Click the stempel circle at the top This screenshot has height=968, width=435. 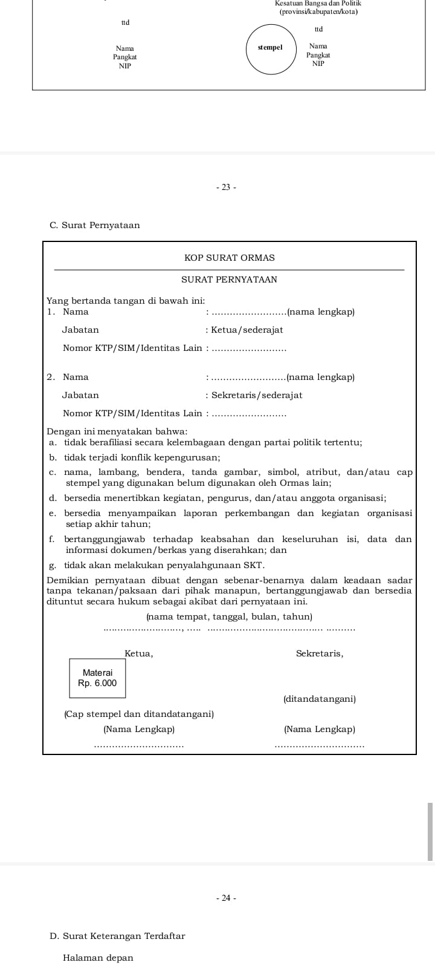point(270,48)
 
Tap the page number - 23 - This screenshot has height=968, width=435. point(225,187)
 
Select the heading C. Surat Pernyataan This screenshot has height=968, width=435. point(95,225)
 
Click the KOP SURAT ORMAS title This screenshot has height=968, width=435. point(229,258)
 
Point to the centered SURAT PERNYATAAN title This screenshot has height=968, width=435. point(229,280)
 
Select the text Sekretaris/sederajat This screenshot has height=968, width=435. point(256,395)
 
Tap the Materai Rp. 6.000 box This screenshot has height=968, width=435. point(97,678)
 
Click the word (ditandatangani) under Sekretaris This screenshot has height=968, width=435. point(320,699)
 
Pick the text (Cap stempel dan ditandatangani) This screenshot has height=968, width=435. point(139,714)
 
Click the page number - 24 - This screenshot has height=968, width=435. point(225,898)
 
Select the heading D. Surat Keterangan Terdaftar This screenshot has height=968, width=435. point(117,936)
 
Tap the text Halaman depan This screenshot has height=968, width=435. point(98,958)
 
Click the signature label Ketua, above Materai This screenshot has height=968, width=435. point(138,653)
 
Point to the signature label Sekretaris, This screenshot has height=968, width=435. point(320,653)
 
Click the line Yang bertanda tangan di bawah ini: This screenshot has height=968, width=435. point(126,301)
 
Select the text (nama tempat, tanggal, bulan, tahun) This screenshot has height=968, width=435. point(229,616)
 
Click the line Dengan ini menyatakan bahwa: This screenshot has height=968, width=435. point(117,431)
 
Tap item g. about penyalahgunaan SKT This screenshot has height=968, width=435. point(157,565)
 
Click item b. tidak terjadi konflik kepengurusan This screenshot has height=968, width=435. point(135,457)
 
